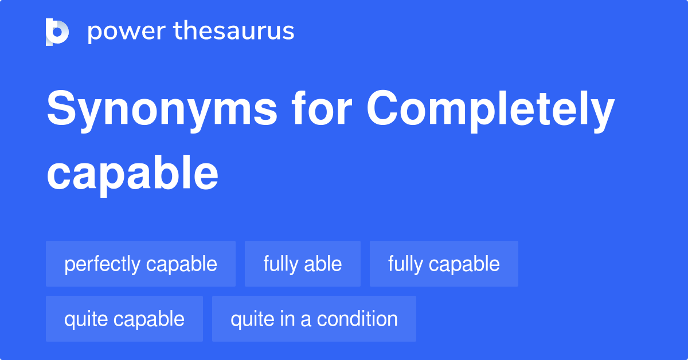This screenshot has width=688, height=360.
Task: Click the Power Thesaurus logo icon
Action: (x=57, y=32)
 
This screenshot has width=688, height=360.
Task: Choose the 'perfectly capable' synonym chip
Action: (x=140, y=264)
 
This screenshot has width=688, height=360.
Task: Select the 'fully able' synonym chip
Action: (x=303, y=264)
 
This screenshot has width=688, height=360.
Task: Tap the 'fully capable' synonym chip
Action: (x=444, y=264)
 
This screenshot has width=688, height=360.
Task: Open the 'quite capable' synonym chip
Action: (x=124, y=319)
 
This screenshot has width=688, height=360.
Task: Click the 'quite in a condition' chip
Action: (x=314, y=319)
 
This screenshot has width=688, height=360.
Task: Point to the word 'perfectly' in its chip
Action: (x=102, y=264)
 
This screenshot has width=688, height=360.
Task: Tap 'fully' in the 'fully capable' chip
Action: (x=405, y=264)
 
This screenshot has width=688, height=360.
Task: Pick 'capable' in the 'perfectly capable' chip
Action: (x=181, y=264)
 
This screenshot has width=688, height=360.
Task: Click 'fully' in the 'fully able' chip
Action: (x=281, y=264)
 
